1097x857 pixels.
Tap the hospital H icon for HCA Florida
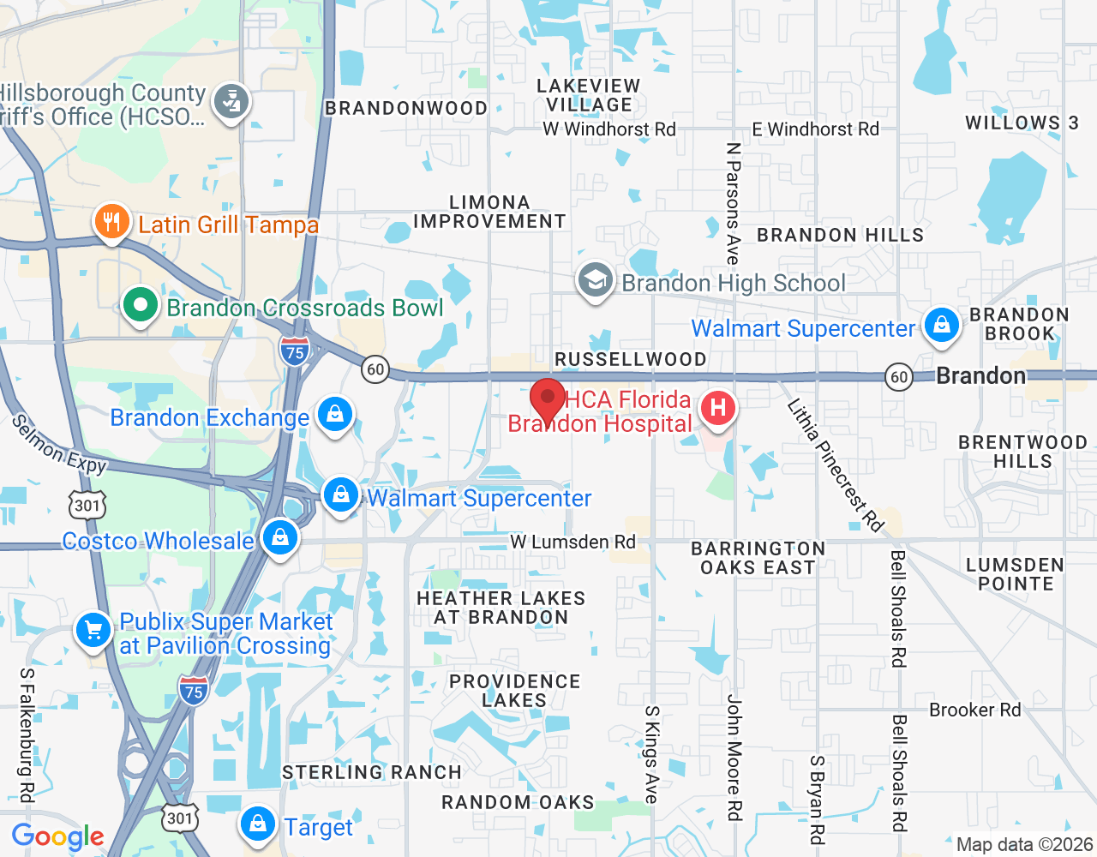pos(718,408)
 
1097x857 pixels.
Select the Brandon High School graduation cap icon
pos(595,279)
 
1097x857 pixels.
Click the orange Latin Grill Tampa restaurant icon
pos(111,222)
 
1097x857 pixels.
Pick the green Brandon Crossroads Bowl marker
pos(140,305)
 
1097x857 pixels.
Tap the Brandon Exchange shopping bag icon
pos(335,415)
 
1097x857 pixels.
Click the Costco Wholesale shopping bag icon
pos(279,538)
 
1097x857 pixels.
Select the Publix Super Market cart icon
pos(93,631)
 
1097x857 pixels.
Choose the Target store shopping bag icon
pos(257,824)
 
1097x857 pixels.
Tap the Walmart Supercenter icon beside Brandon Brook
pos(941,327)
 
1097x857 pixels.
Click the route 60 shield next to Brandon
pos(898,377)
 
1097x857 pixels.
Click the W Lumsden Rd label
pos(572,542)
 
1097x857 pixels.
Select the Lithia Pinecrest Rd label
pos(835,464)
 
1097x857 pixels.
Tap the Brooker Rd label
pos(974,710)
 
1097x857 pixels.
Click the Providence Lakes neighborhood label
pos(514,691)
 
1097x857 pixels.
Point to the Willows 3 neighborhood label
pos(1022,123)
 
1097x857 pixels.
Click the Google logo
pos(57,836)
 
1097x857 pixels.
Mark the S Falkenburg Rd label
pos(27,735)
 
